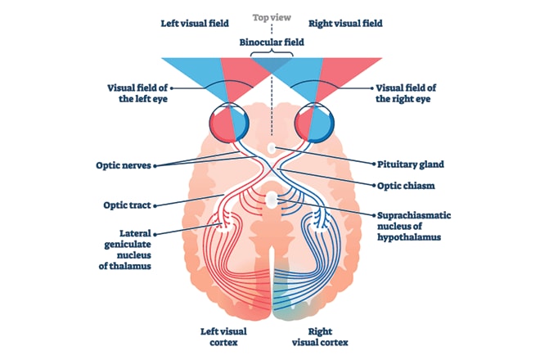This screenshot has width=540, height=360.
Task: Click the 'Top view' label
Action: pyautogui.click(x=270, y=17)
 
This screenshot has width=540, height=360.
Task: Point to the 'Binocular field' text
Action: pyautogui.click(x=270, y=41)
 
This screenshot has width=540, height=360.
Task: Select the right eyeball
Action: pyautogui.click(x=316, y=122)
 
